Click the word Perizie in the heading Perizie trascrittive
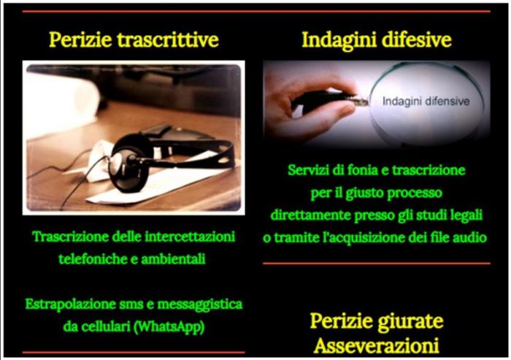point(80,39)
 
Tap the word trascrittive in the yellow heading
point(168,39)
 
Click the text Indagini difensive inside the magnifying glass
point(426,101)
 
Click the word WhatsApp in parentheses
point(169,326)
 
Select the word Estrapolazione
point(71,305)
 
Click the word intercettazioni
point(190,237)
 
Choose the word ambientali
point(173,259)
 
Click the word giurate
point(410,322)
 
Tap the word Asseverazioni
point(377,345)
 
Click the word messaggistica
point(200,305)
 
